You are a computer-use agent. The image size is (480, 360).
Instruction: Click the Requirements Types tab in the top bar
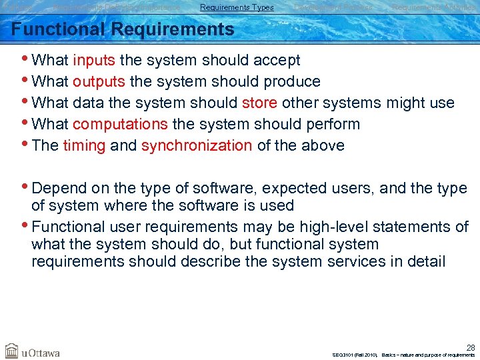(237, 7)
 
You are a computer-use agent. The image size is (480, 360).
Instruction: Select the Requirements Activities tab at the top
(433, 7)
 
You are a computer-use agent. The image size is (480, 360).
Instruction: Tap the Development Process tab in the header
(333, 7)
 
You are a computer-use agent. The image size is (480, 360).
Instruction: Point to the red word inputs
(94, 60)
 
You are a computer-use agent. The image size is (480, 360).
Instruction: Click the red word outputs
(99, 81)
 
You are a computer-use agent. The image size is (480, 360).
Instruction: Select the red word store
(259, 103)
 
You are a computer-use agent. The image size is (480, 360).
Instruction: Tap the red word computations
(120, 124)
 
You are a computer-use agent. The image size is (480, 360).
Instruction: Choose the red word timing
(84, 145)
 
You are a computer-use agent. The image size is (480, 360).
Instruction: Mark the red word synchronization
(197, 145)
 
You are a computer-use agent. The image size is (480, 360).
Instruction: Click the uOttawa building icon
(11, 351)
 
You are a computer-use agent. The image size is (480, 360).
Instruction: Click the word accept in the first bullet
(275, 60)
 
